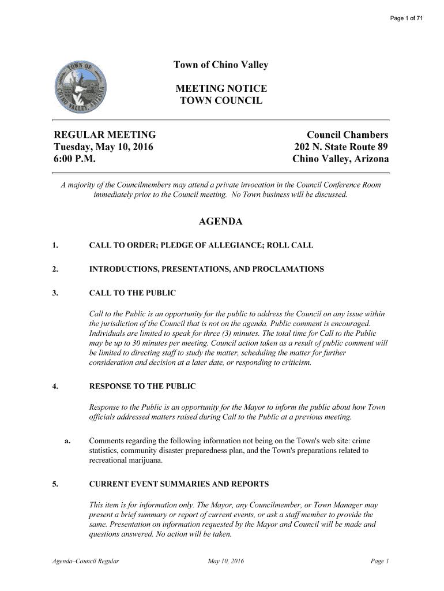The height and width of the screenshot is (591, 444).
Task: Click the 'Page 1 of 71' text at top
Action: coord(407,19)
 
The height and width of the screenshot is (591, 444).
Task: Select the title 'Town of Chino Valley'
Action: coord(221,65)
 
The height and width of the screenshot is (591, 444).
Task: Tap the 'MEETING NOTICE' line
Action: coord(221,89)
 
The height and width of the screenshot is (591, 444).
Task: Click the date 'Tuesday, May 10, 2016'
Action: coord(103,147)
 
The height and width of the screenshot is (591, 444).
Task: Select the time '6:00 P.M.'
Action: coord(74,159)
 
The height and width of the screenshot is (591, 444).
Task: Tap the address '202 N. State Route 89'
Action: coord(341,147)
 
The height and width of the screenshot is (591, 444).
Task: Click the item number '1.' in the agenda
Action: coord(55,246)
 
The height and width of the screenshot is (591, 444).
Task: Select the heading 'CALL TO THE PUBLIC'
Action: coord(132,293)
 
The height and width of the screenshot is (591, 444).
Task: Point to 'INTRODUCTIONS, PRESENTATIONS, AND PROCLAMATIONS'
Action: coord(206,270)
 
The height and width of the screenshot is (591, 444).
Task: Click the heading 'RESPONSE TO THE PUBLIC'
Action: coord(142,386)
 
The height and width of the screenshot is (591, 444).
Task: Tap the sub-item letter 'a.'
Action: coord(67,442)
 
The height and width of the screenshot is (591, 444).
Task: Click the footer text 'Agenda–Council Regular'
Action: coord(86,561)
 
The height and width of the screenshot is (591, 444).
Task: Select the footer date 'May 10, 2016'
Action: coord(225,561)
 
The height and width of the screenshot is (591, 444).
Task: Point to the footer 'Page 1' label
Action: coord(381,561)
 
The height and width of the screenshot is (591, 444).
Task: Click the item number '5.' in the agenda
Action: coord(55,484)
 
